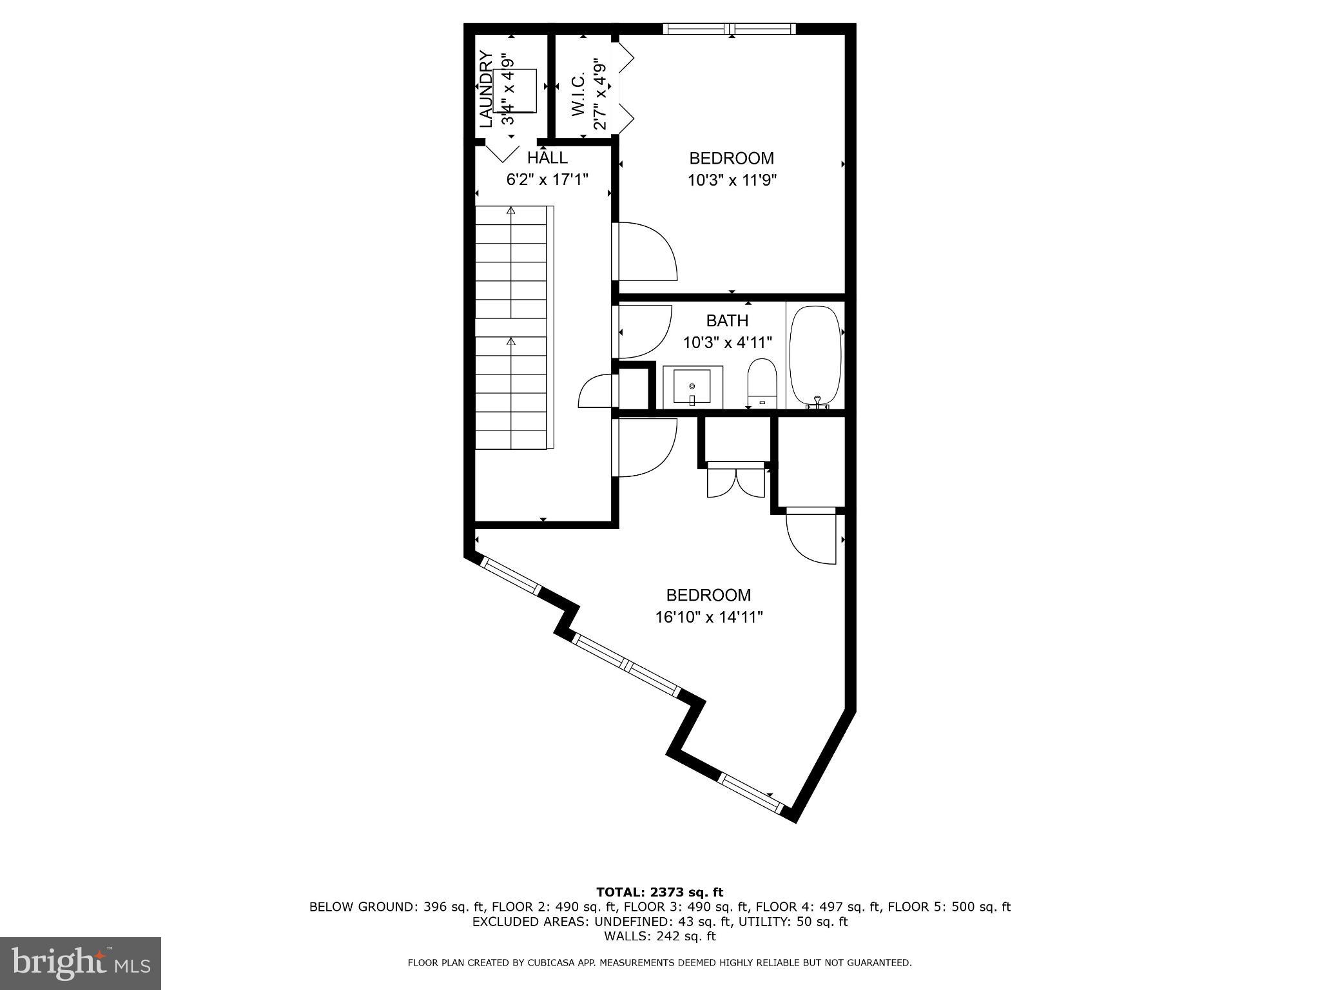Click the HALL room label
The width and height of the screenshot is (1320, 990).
[x=547, y=157]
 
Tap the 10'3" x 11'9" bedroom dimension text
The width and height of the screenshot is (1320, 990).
[x=732, y=180]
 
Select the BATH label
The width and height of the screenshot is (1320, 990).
[x=727, y=320]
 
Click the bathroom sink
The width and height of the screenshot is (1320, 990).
[x=692, y=387]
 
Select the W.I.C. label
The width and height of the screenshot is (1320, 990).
[x=578, y=95]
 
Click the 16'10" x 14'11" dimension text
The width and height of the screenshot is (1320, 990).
[x=709, y=617]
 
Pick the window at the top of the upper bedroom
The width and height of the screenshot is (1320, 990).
[x=729, y=28]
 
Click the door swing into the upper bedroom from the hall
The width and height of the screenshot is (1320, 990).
[x=646, y=251]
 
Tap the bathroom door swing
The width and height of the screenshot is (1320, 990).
[x=643, y=331]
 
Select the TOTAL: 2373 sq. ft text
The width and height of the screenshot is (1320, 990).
[x=659, y=892]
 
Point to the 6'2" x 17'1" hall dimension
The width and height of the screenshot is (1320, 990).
[x=547, y=179]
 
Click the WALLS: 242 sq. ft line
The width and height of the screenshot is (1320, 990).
[x=659, y=936]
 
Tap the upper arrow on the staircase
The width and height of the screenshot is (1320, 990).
[x=511, y=211]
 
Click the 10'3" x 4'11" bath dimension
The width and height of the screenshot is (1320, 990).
[x=727, y=342]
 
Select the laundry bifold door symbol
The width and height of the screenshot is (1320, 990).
[x=503, y=152]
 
